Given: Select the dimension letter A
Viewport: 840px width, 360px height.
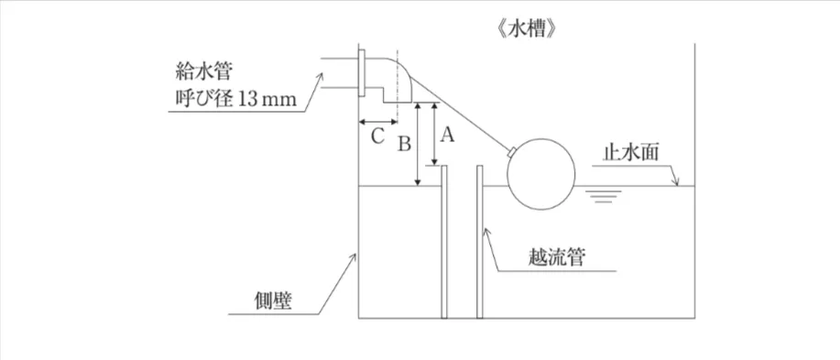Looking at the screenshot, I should (447, 135).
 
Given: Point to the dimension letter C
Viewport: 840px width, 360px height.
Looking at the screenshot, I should (376, 137).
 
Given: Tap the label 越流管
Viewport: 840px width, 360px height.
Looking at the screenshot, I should (557, 256).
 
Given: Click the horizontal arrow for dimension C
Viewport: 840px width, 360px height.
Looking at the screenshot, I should (376, 121).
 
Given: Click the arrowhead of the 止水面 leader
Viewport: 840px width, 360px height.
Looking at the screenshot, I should (677, 184).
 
